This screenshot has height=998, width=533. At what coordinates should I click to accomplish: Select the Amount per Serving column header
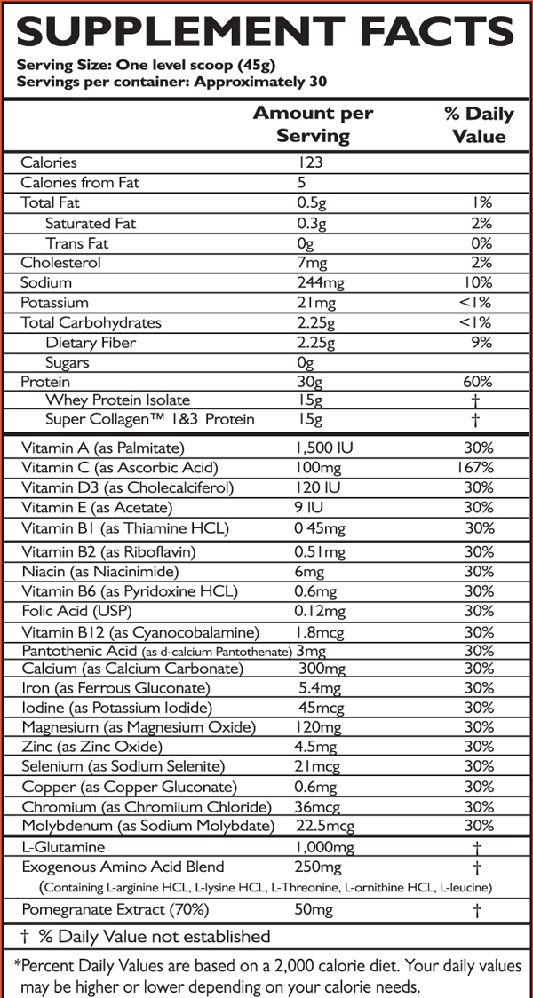pos(313,125)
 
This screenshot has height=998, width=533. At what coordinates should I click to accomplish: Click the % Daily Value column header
pos(478,125)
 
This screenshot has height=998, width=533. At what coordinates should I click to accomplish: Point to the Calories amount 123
pos(310,162)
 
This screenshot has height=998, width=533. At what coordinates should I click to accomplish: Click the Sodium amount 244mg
pos(321,282)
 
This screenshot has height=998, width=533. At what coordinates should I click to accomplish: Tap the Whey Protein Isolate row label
pos(117,400)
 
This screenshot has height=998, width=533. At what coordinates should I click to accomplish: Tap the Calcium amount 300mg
pos(321,668)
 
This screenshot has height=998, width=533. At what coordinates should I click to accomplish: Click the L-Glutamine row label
pos(63,848)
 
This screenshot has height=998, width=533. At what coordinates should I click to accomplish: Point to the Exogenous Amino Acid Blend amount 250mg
pos(317,867)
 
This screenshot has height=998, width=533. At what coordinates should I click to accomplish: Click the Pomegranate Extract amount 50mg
pos(314,910)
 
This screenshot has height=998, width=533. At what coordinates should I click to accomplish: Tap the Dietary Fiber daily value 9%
pos(481,343)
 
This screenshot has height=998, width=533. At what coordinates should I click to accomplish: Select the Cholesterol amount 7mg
pos(311,263)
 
